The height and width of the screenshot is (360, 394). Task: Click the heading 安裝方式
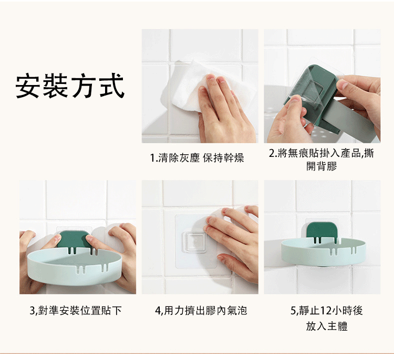[x=70, y=86]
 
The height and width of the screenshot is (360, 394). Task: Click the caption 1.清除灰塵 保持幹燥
[x=197, y=158]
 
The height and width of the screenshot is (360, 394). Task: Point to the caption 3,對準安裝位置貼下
[x=76, y=310]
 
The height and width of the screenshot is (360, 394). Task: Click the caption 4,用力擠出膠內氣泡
[x=201, y=310]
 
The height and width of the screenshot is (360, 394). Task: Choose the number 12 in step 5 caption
[x=326, y=311]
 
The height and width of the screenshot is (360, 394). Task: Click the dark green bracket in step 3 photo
[x=73, y=239]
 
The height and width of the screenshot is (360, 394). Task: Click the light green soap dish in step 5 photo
[x=323, y=251]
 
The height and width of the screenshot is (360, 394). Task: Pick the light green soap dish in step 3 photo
[x=75, y=266]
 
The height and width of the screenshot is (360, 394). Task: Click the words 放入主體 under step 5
[x=327, y=326]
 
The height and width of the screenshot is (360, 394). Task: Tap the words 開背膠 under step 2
[x=322, y=166]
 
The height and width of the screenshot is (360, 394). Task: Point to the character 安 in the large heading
[x=28, y=86]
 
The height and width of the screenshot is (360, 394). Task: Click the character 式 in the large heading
[x=111, y=86]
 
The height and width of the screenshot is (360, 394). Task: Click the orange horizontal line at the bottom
[x=197, y=354]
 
